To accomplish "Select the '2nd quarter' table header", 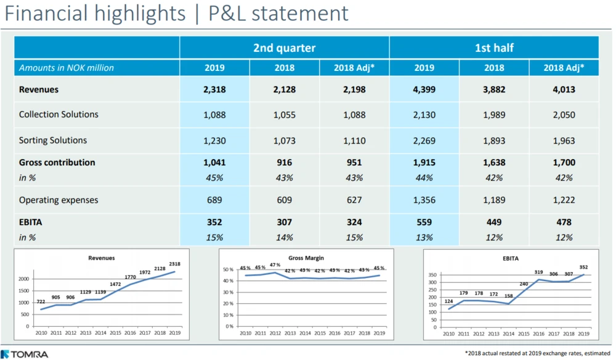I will pyautogui.click(x=284, y=47).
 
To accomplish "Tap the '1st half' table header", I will pyautogui.click(x=494, y=47).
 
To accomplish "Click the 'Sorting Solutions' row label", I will pyautogui.click(x=53, y=140).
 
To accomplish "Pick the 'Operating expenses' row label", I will pyautogui.click(x=59, y=200).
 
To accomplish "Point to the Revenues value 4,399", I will pyautogui.click(x=424, y=89).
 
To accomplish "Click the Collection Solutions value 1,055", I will pyautogui.click(x=284, y=115).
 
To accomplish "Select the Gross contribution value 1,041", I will pyautogui.click(x=214, y=163).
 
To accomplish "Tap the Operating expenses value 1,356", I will pyautogui.click(x=424, y=200).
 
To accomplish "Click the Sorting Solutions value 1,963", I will pyautogui.click(x=564, y=140).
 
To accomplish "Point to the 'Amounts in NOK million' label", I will pyautogui.click(x=67, y=68).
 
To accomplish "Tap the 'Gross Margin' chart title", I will pyautogui.click(x=306, y=258).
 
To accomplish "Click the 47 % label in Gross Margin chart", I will pyautogui.click(x=274, y=265).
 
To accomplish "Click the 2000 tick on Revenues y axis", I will pyautogui.click(x=23, y=279).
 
